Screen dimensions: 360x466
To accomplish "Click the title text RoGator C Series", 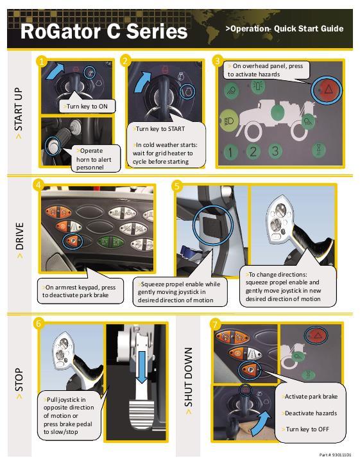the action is pyautogui.click(x=104, y=31).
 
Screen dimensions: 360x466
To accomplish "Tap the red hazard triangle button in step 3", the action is pyautogui.click(x=327, y=89).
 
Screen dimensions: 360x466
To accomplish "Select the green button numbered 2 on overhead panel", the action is pyautogui.click(x=252, y=151).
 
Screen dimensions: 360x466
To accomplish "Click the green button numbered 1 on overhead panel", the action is pyautogui.click(x=230, y=152).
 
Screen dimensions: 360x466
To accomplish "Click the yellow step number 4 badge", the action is pyautogui.click(x=39, y=185).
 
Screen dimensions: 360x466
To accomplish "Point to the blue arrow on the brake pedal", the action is pyautogui.click(x=142, y=367).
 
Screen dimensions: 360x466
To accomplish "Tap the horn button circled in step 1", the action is pyautogui.click(x=53, y=146).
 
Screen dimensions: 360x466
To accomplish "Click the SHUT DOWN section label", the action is pyautogui.click(x=188, y=381).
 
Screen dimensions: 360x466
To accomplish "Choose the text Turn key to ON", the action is pyautogui.click(x=87, y=107).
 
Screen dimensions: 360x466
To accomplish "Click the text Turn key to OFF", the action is pyautogui.click(x=307, y=429).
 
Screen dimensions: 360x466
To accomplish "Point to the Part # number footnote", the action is pyautogui.click(x=335, y=454).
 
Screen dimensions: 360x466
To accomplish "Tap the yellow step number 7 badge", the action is pyautogui.click(x=216, y=324).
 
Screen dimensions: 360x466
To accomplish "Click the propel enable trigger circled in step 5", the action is pyautogui.click(x=212, y=225).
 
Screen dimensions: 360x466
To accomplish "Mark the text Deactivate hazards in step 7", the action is pyautogui.click(x=311, y=413).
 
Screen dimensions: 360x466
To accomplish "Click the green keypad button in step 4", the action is pyautogui.click(x=110, y=241).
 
